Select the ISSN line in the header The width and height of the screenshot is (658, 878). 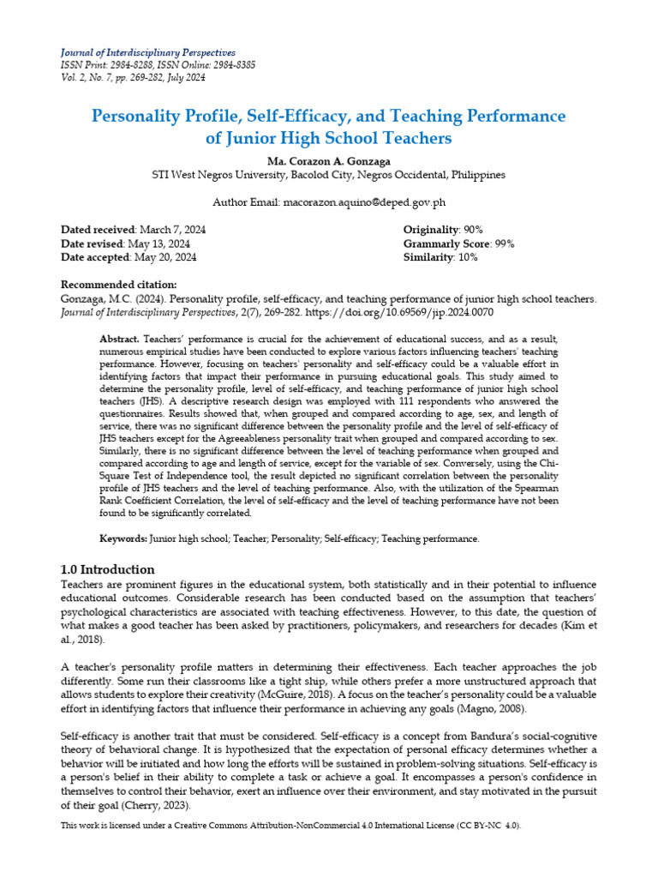[158, 65]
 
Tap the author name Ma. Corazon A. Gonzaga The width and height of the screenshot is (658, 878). [328, 160]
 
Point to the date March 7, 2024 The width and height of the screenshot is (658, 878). [171, 230]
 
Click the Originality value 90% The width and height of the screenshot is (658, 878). [472, 230]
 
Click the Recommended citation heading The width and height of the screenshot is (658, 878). [119, 285]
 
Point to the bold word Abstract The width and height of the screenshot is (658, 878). [120, 340]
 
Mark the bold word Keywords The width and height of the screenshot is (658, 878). [123, 538]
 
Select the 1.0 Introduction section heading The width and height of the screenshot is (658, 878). [108, 569]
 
